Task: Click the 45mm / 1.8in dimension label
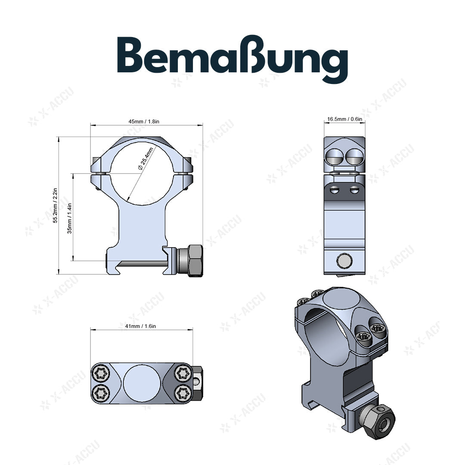[x=144, y=121]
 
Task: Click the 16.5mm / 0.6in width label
[x=344, y=119]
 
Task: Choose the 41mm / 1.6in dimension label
[x=141, y=326]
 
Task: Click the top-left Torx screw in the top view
[x=101, y=373]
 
